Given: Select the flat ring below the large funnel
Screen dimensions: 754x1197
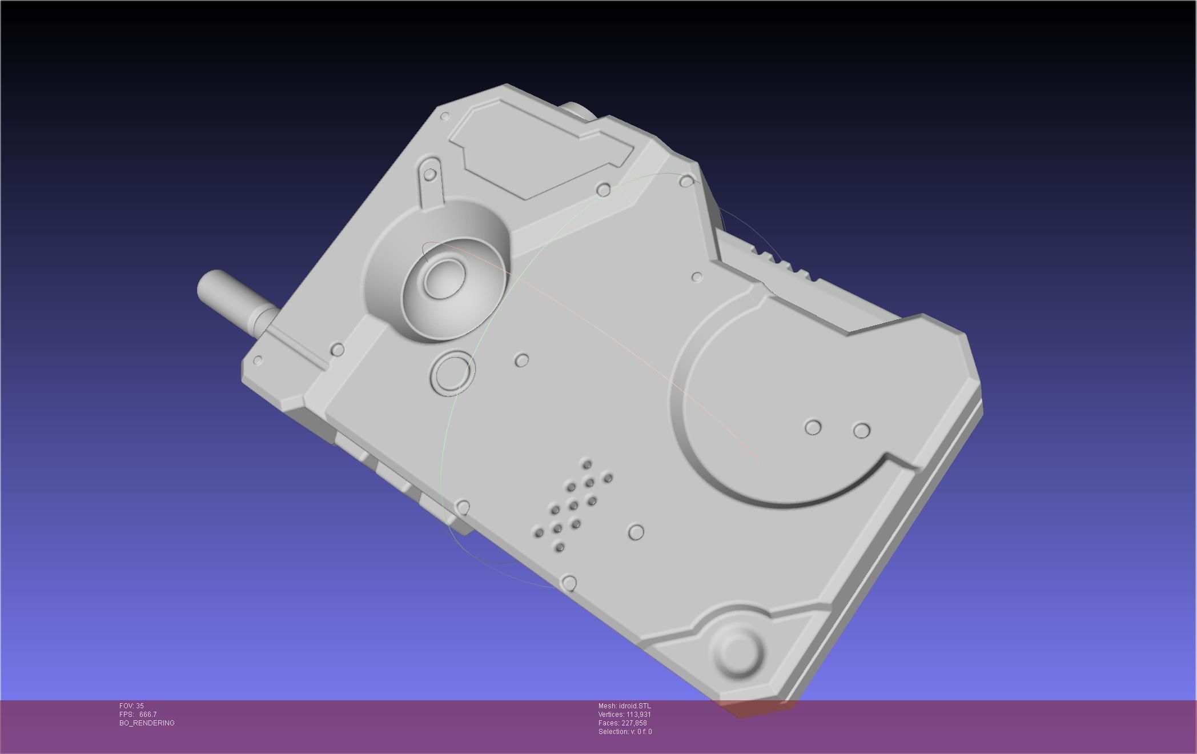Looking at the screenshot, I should [x=452, y=373].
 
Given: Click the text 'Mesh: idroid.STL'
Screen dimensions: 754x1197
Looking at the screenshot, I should [x=624, y=706].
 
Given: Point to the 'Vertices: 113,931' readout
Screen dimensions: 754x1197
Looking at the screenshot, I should [x=624, y=715].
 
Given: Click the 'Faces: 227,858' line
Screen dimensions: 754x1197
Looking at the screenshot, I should [x=622, y=723].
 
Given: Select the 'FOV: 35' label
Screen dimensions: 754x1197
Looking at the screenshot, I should [x=131, y=706].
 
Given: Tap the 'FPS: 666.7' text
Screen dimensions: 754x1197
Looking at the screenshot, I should [x=138, y=715].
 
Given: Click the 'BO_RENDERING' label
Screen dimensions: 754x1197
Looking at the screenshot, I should [x=147, y=723].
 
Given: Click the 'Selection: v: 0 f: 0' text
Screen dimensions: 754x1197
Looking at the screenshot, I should [x=625, y=732].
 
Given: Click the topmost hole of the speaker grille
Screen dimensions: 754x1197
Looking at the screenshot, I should [x=587, y=463].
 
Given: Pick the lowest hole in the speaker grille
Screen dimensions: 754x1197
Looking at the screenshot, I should [x=559, y=547].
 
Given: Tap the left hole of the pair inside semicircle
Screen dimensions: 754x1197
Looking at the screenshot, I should [x=813, y=427].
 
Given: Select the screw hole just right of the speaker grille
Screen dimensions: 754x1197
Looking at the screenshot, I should [x=636, y=532].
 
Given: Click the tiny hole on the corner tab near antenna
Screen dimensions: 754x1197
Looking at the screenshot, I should [x=258, y=360].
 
